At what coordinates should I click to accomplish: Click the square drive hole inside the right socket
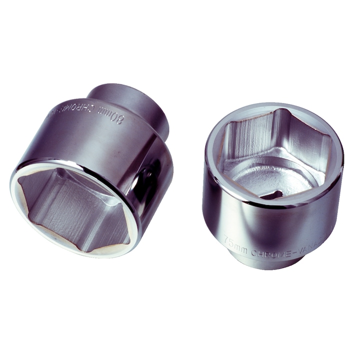[272, 194]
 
